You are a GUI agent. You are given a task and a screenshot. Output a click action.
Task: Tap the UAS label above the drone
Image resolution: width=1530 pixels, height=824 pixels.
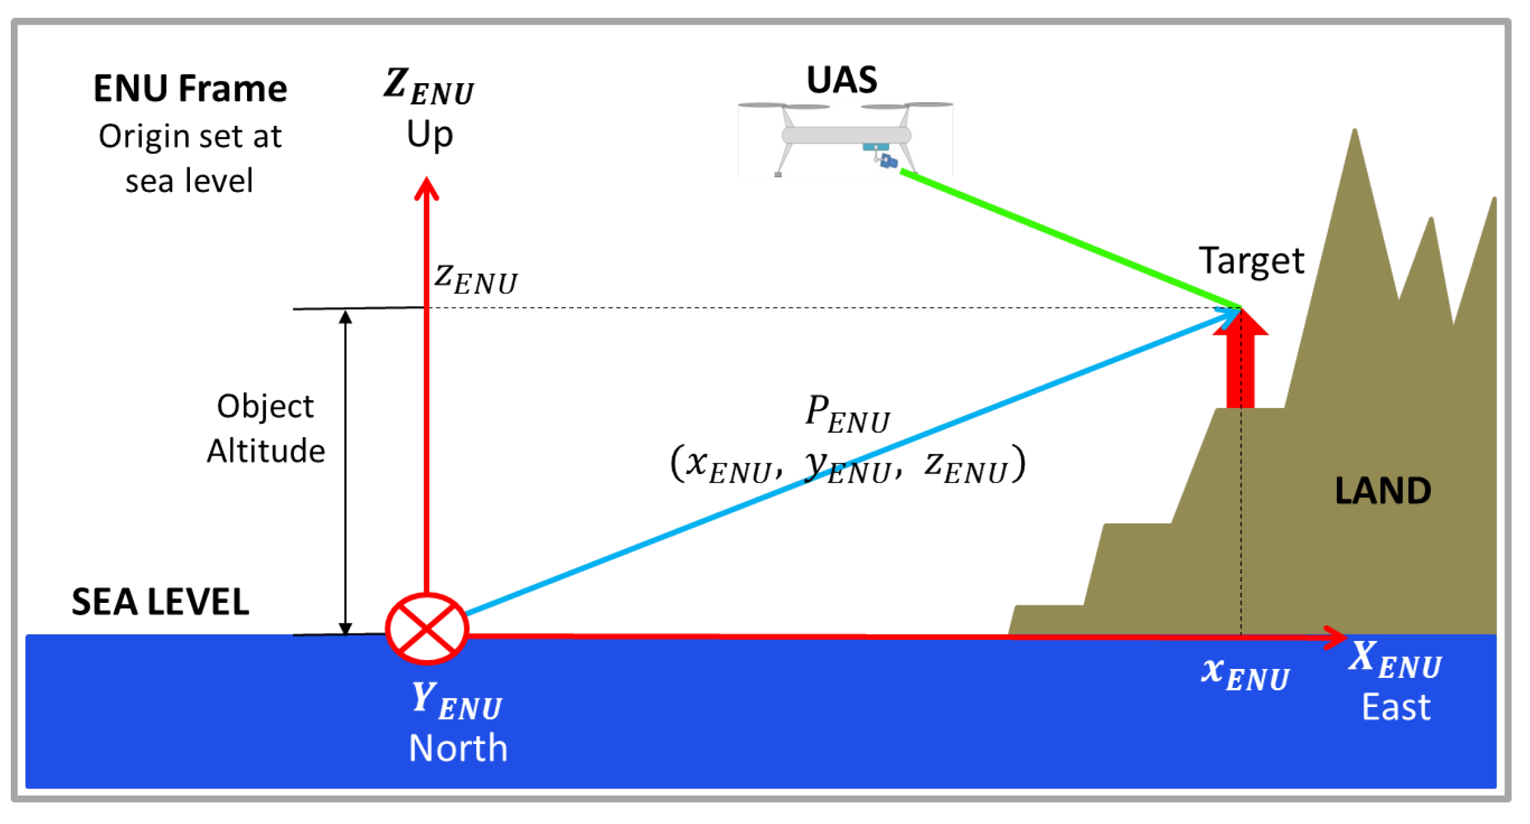tap(842, 80)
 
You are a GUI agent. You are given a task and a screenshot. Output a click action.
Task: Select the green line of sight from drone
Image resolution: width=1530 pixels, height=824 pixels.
tap(1067, 238)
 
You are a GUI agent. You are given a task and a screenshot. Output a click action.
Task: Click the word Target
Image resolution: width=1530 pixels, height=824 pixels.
tap(1251, 260)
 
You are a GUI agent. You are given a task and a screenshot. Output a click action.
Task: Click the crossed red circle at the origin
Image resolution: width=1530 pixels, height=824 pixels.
tap(427, 628)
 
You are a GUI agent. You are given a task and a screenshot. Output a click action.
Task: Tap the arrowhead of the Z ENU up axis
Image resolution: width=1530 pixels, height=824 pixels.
tap(427, 187)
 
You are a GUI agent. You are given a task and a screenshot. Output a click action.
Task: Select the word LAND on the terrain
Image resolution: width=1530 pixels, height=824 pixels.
tap(1383, 490)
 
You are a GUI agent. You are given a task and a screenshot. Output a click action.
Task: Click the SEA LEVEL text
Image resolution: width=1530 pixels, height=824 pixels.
tap(160, 601)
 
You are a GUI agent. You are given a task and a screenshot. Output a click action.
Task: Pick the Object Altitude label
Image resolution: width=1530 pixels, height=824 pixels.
tap(265, 428)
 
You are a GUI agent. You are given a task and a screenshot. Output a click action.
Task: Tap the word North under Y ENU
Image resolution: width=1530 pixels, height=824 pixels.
tap(458, 747)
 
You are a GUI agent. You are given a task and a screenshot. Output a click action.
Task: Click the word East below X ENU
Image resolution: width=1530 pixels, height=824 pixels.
tap(1395, 706)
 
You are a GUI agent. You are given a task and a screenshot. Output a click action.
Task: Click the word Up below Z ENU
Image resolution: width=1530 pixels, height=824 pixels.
tap(429, 134)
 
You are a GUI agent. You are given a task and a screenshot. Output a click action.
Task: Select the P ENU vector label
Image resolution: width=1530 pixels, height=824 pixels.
tap(847, 414)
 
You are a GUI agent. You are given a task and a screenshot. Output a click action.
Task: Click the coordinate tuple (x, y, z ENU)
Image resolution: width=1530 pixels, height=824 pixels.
tap(848, 465)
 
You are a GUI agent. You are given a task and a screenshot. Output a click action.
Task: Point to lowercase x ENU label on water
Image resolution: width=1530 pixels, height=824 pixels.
tap(1244, 673)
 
